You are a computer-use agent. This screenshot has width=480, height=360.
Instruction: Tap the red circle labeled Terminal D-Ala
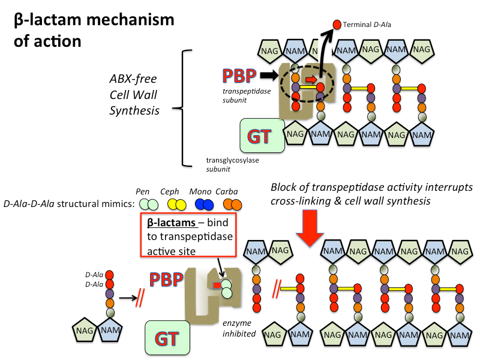pos(337,25)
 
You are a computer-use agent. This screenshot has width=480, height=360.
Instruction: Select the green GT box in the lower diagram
pos(170,338)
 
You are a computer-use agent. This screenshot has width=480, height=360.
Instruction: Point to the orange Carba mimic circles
pos(231,205)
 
